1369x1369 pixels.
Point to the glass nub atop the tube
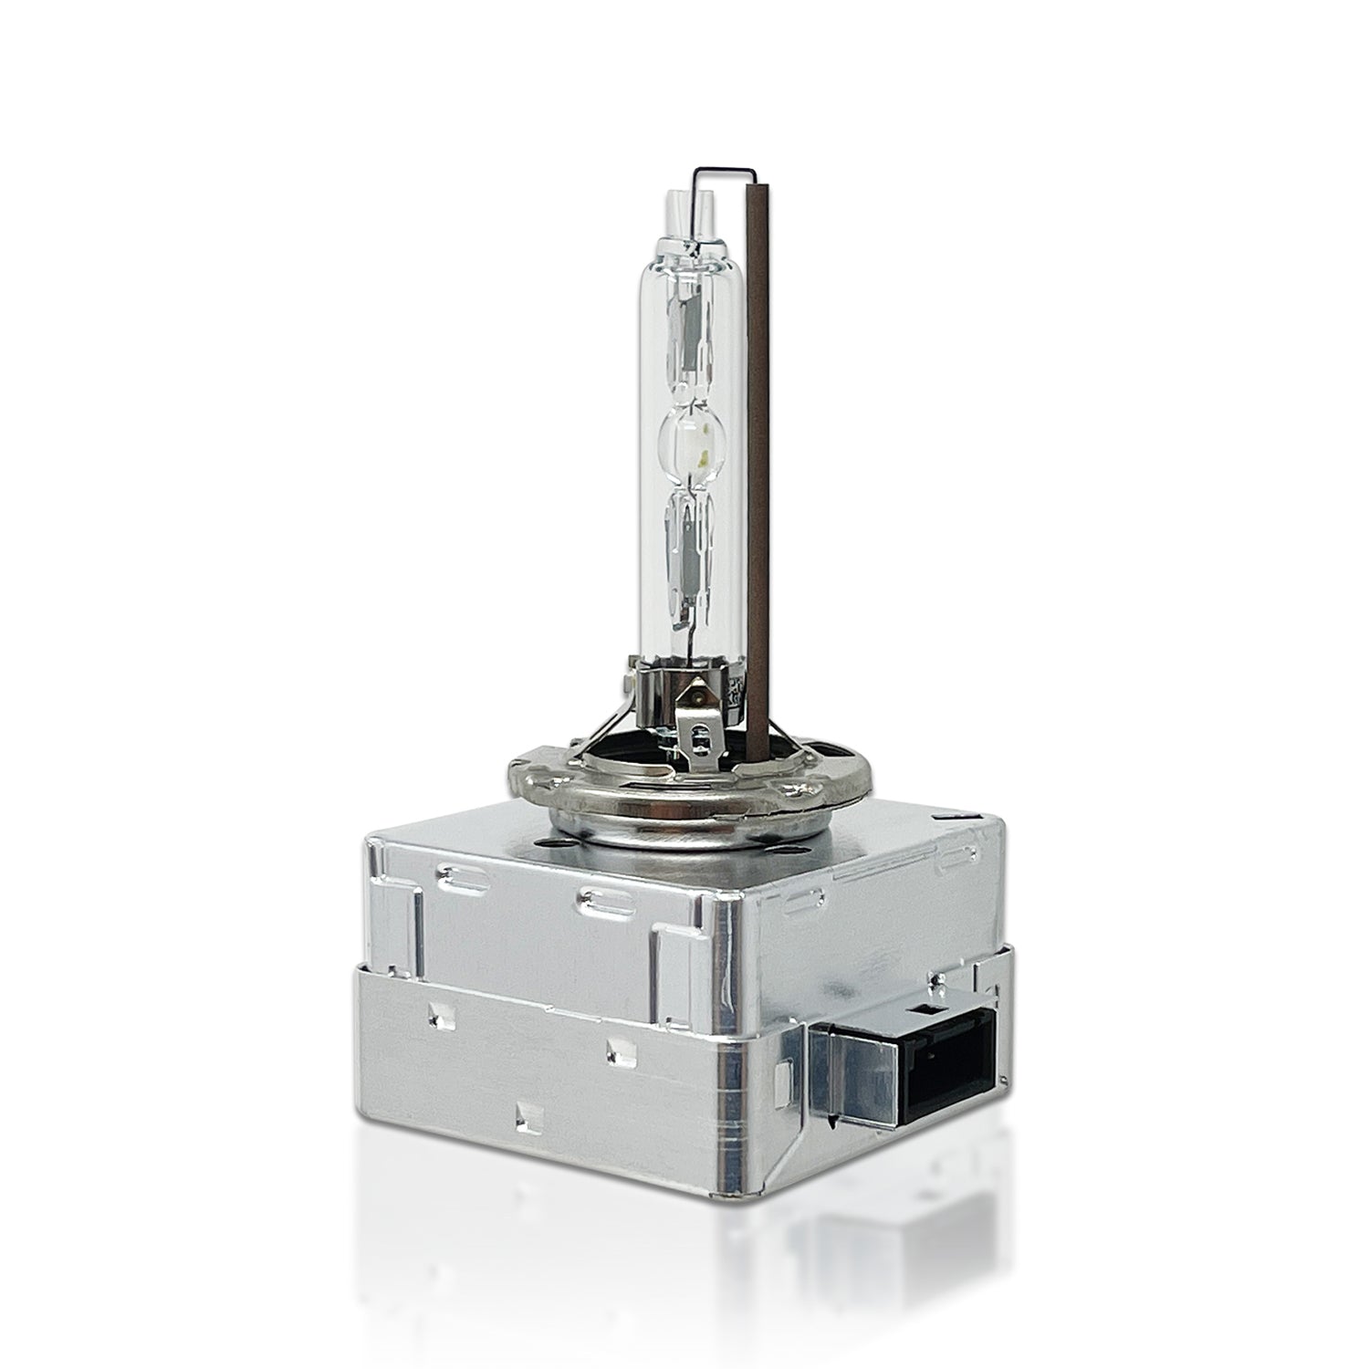[x=676, y=206]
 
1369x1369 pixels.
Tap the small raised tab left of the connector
[x=783, y=1078]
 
